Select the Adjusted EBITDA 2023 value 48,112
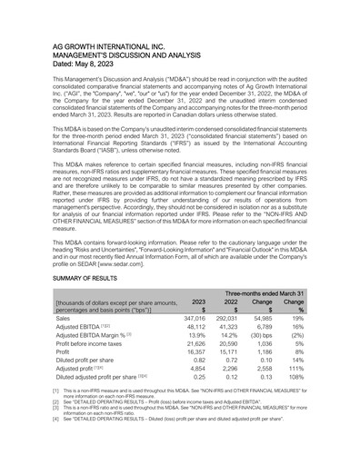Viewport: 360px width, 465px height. [194, 329]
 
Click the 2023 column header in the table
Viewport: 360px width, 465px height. [196, 303]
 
